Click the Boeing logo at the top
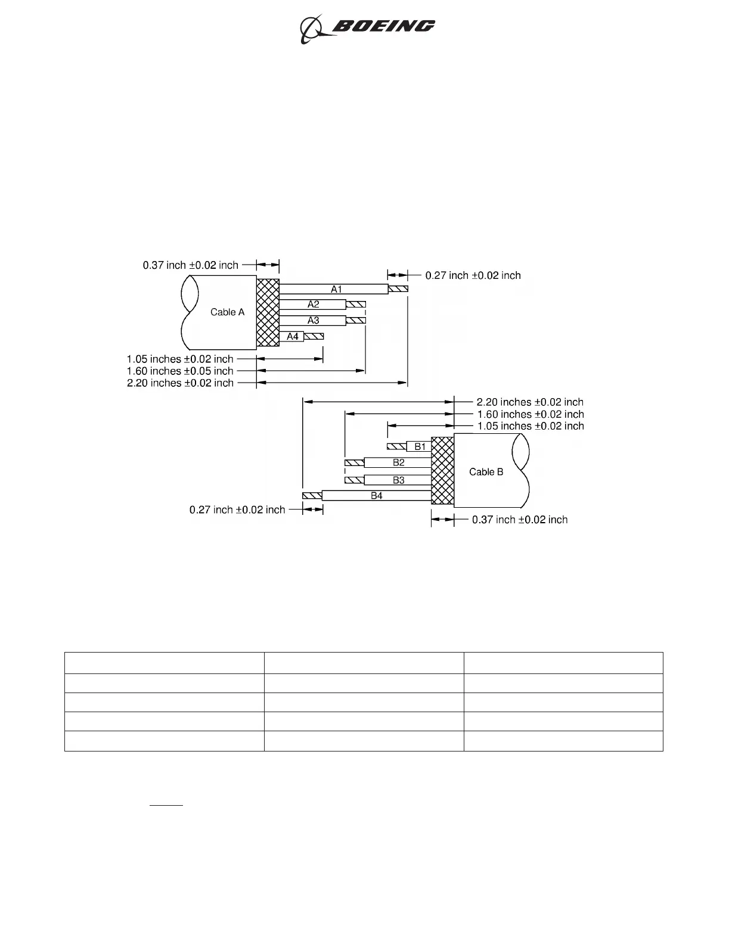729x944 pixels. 367,27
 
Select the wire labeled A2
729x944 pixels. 312,305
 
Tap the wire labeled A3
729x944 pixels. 312,321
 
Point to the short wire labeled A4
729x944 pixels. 291,337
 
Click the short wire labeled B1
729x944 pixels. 419,446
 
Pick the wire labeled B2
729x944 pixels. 398,462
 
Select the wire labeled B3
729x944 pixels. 398,480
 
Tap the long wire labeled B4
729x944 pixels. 376,495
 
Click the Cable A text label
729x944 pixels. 227,312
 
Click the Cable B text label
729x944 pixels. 486,472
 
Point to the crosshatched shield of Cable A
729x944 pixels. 268,312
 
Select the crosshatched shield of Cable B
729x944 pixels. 442,471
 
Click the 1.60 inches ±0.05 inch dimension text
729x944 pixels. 180,371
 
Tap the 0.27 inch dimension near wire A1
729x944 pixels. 473,275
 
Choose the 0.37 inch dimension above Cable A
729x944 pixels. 190,265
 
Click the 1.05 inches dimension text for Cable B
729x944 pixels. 531,426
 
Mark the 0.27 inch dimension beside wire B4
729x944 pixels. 237,510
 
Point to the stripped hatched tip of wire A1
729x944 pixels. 399,289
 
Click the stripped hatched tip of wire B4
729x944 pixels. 312,495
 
